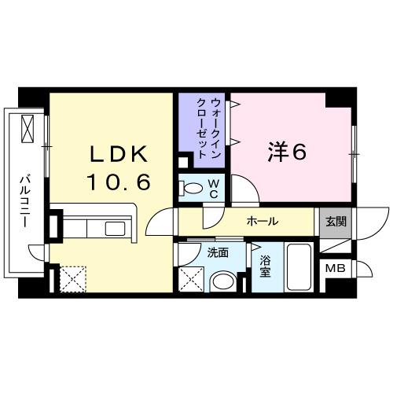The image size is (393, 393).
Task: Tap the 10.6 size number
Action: (118, 182)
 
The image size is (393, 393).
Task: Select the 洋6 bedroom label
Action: (288, 150)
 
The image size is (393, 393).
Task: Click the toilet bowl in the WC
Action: (191, 188)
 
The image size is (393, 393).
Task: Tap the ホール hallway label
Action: (262, 222)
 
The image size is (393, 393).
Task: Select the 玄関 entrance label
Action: (336, 222)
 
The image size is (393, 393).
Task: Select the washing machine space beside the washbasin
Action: (190, 278)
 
